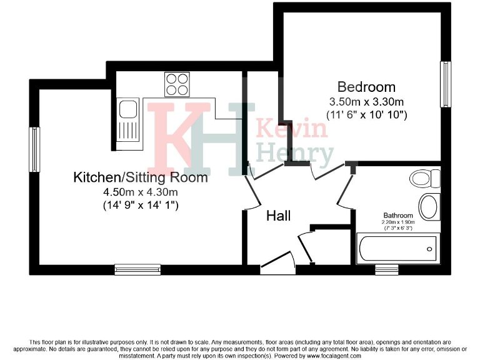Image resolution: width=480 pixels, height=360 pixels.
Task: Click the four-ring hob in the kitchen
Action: (177, 84)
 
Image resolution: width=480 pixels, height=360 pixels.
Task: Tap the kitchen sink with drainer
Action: (129, 121)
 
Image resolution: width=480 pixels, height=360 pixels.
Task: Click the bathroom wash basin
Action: (428, 207)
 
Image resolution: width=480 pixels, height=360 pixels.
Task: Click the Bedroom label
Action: (366, 87)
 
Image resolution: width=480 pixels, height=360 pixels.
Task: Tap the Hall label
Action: (279, 216)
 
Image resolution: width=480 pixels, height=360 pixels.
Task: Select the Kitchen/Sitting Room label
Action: (141, 177)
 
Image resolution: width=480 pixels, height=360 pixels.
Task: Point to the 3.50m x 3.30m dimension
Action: (366, 101)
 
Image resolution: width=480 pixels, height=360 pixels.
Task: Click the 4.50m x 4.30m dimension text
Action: (141, 192)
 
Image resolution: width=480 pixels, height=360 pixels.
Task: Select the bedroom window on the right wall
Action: (446, 84)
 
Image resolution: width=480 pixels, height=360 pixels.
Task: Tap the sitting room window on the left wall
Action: (34, 149)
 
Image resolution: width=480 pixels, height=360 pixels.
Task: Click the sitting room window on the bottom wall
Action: (137, 269)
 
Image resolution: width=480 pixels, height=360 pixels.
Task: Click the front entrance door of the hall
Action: (277, 264)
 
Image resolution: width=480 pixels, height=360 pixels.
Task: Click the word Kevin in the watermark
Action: (292, 129)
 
